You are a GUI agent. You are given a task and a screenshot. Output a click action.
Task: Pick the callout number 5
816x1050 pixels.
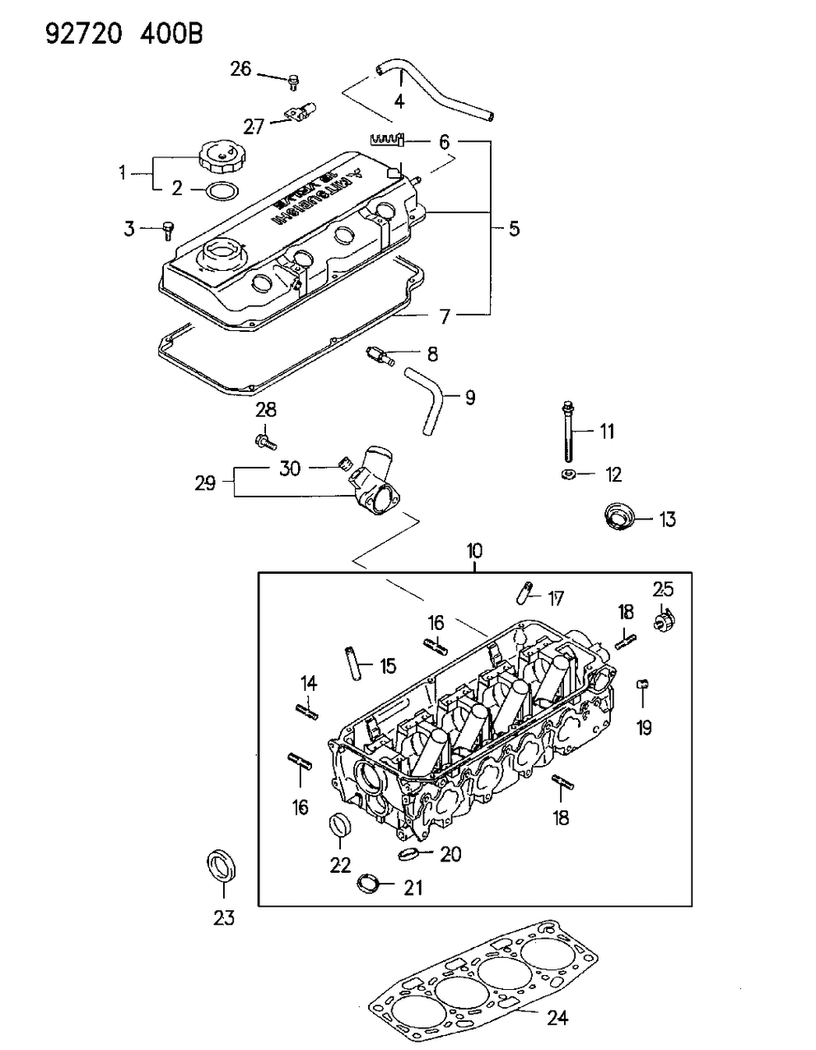[x=514, y=228]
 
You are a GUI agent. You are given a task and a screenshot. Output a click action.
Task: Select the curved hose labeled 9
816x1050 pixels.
[x=427, y=402]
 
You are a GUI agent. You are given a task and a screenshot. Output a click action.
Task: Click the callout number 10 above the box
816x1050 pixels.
[x=475, y=550]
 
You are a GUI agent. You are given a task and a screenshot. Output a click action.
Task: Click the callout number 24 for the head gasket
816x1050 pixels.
[x=557, y=1019]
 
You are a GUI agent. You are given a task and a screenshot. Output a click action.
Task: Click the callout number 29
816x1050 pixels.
[x=205, y=483]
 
